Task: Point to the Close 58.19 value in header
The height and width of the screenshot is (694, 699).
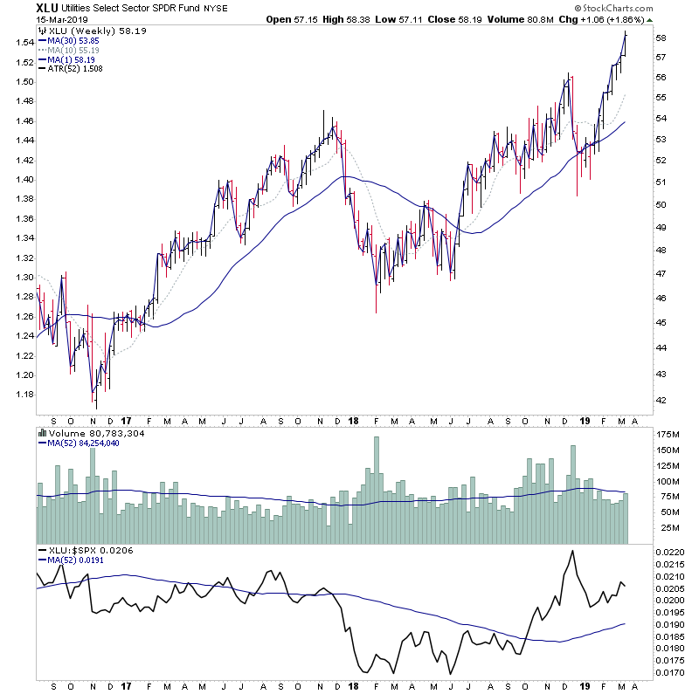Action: tap(475, 18)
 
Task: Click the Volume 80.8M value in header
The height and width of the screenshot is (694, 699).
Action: tap(538, 18)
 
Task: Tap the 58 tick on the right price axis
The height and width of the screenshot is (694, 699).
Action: tap(661, 38)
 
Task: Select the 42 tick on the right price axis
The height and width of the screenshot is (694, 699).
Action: tap(661, 401)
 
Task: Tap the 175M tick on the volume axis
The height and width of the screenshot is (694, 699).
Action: tap(668, 434)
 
